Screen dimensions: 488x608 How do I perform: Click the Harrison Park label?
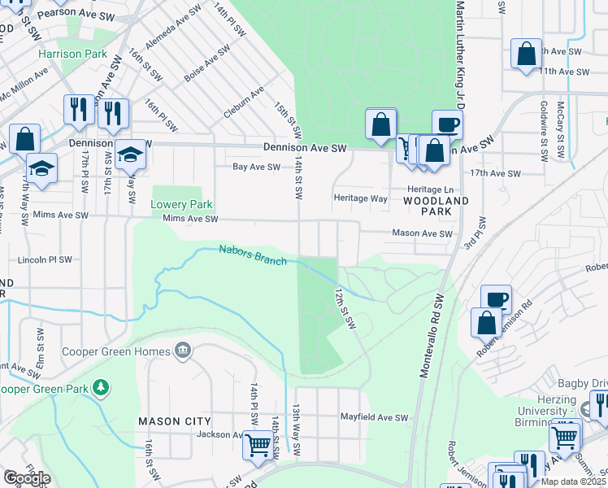[72, 54]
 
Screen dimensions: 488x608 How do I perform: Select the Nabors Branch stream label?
[253, 255]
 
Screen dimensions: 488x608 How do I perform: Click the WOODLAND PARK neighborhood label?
[436, 205]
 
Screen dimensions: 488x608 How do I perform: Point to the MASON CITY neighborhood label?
[175, 421]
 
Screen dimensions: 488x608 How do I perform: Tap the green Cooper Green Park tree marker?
[101, 388]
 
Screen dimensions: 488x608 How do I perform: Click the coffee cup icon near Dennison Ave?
[447, 124]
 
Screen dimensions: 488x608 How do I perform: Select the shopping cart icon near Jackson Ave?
[258, 446]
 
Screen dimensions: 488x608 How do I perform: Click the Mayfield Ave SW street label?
[374, 417]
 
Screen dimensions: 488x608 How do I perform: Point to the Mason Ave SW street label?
[422, 233]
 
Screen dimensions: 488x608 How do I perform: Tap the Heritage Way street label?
[361, 198]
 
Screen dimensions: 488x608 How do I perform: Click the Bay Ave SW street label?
[256, 167]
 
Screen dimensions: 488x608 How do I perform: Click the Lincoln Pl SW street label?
[46, 261]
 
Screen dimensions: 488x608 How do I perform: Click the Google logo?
[27, 477]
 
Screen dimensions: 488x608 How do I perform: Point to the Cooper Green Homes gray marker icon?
[182, 351]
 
